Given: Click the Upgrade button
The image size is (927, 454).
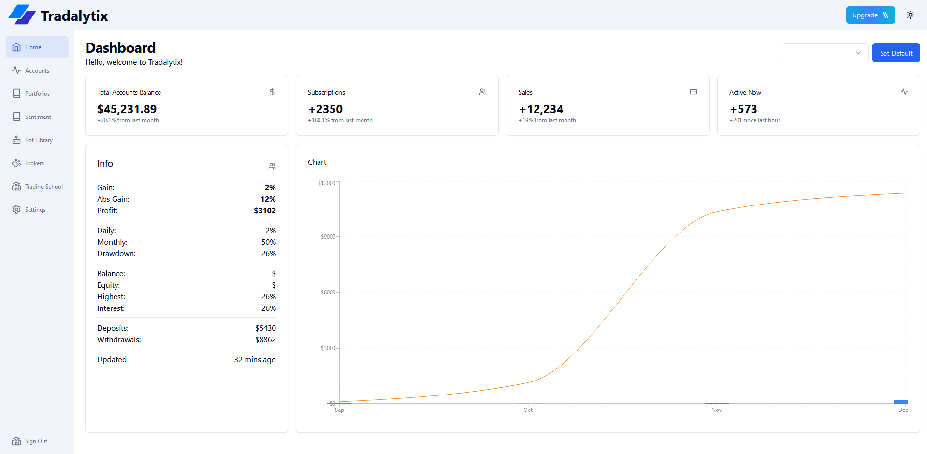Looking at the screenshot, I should click(870, 15).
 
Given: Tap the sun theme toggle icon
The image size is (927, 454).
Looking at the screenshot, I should click(910, 15).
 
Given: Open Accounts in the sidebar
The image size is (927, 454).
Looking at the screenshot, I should click(37, 71).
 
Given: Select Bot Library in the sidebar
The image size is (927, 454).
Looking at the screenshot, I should click(38, 140).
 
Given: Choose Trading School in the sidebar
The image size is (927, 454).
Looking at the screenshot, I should click(43, 187).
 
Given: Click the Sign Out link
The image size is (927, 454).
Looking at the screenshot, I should click(35, 441).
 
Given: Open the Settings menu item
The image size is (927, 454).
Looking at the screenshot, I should click(35, 210).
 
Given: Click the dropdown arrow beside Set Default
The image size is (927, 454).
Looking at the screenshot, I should click(858, 53).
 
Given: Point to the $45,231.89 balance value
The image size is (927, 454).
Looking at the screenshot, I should click(127, 109).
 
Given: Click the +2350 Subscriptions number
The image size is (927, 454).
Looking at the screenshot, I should click(326, 109).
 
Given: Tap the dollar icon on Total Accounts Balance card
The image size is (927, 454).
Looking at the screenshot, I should click(272, 92).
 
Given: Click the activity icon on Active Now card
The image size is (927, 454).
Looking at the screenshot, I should click(904, 92).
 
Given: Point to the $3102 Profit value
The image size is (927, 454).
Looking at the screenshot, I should click(265, 211).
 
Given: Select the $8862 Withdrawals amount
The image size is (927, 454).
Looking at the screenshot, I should click(265, 340).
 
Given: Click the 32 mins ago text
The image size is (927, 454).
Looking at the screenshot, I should click(255, 360).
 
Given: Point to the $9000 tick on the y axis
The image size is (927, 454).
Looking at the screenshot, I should click(328, 237).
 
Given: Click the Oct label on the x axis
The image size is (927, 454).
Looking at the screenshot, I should click(528, 410).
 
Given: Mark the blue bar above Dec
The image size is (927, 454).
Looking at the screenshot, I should click(900, 402).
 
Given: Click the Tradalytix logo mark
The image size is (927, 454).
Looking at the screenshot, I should click(22, 15).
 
